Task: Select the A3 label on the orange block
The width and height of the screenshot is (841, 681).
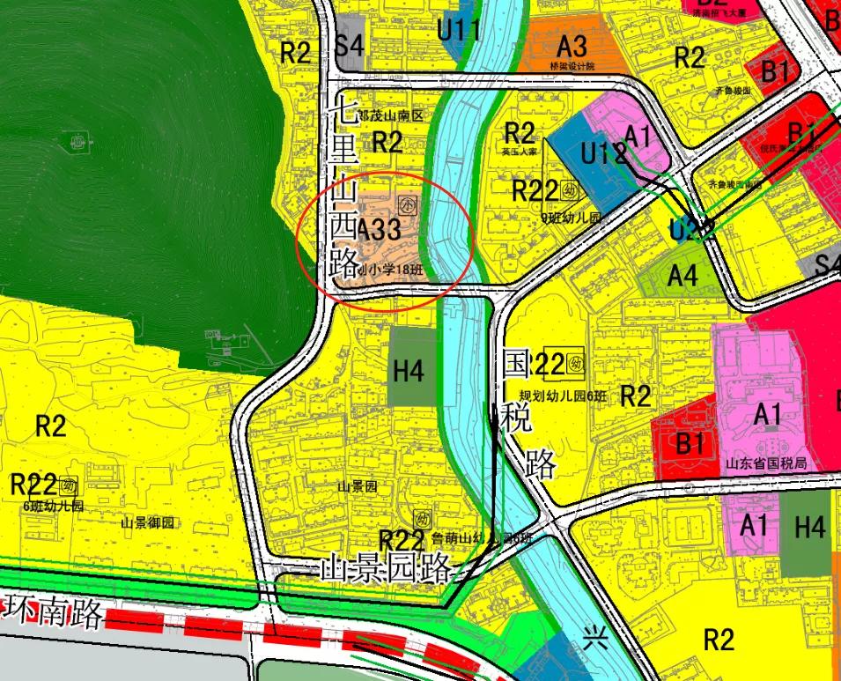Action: pyautogui.click(x=572, y=45)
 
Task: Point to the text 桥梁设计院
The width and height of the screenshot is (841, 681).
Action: pyautogui.click(x=572, y=66)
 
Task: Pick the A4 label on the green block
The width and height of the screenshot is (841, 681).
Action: pyautogui.click(x=682, y=276)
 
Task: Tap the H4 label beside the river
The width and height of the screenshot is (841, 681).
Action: pyautogui.click(x=409, y=371)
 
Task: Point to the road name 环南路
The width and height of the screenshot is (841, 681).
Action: pyautogui.click(x=55, y=611)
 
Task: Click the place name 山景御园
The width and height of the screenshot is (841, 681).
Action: pyautogui.click(x=148, y=522)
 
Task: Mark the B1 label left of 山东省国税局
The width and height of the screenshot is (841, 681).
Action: pyautogui.click(x=690, y=442)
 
